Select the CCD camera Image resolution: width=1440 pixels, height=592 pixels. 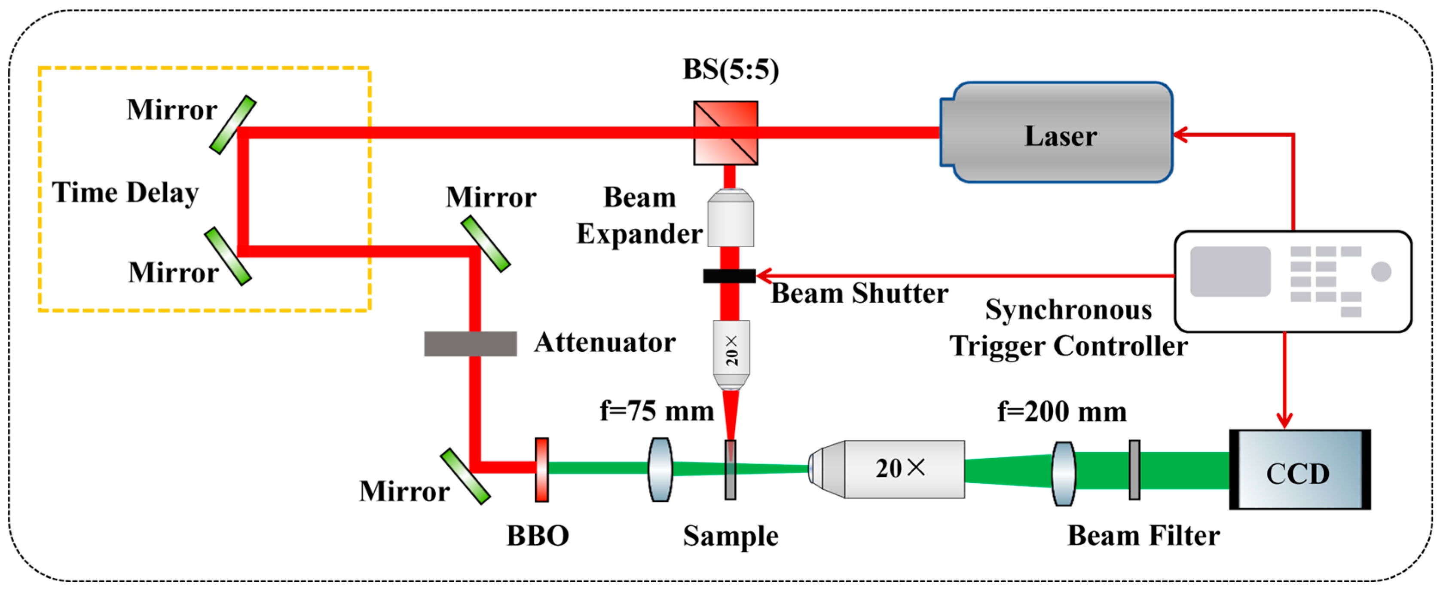(x=1299, y=469)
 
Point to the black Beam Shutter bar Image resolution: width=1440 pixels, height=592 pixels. (x=729, y=276)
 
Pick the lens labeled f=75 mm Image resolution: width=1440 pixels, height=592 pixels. (x=660, y=469)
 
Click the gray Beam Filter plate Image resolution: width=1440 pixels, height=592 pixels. (x=1134, y=469)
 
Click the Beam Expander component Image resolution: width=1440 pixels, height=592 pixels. (x=730, y=218)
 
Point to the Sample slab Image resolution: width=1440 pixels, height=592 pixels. (x=730, y=469)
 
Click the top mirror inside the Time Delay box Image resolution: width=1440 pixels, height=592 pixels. (x=232, y=125)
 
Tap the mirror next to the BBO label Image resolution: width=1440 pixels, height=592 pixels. (x=465, y=476)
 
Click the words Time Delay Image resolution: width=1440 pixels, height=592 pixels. (x=125, y=193)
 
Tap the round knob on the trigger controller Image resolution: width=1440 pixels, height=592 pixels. (x=1381, y=272)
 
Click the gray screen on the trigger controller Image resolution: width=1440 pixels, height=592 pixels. (x=1230, y=271)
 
